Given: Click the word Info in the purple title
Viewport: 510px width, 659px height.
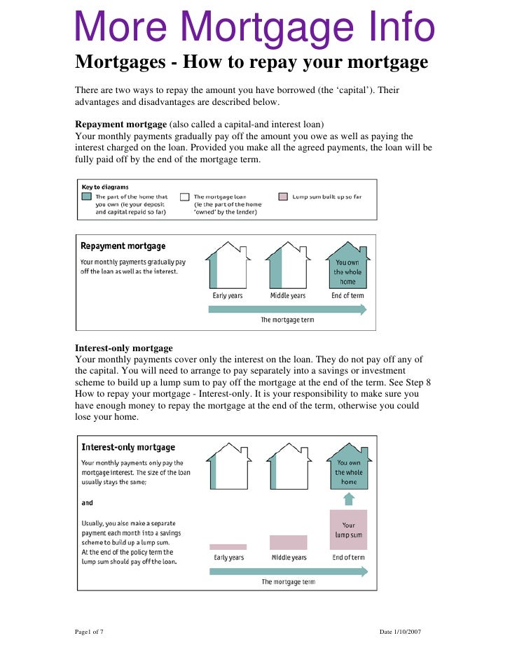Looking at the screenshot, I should point(395,28).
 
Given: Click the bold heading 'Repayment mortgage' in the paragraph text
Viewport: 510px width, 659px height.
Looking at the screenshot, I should point(117,124).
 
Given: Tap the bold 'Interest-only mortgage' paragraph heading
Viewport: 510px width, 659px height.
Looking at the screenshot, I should point(123,348).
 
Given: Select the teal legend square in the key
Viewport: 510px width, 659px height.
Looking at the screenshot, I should point(86,197).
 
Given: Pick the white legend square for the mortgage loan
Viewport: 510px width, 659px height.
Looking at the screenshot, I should point(185,197).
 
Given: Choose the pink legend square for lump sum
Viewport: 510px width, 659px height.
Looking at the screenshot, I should point(283,197).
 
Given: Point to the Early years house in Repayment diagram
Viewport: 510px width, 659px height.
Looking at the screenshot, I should point(228,267).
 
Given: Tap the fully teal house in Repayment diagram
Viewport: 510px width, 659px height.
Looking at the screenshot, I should point(348,268).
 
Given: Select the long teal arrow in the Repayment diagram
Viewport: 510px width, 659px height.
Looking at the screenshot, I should point(287,309).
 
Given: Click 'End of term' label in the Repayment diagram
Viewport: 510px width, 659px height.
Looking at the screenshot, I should point(348,296).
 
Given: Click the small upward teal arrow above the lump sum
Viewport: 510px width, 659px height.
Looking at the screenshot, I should point(349,499).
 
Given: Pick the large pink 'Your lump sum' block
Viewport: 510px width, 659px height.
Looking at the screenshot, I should point(348,530).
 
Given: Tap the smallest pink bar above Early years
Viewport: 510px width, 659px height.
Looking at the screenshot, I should point(228,546).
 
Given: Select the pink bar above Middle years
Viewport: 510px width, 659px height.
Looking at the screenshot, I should point(288,542).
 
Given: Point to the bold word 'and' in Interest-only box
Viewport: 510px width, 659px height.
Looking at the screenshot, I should point(87,503).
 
